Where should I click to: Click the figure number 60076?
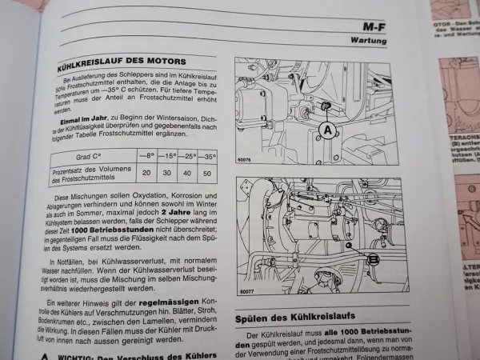click(x=246, y=161)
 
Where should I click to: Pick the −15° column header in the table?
click(x=168, y=156)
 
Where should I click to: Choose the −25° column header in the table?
click(x=189, y=156)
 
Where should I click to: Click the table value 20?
click(x=146, y=172)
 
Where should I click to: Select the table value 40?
click(x=188, y=173)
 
